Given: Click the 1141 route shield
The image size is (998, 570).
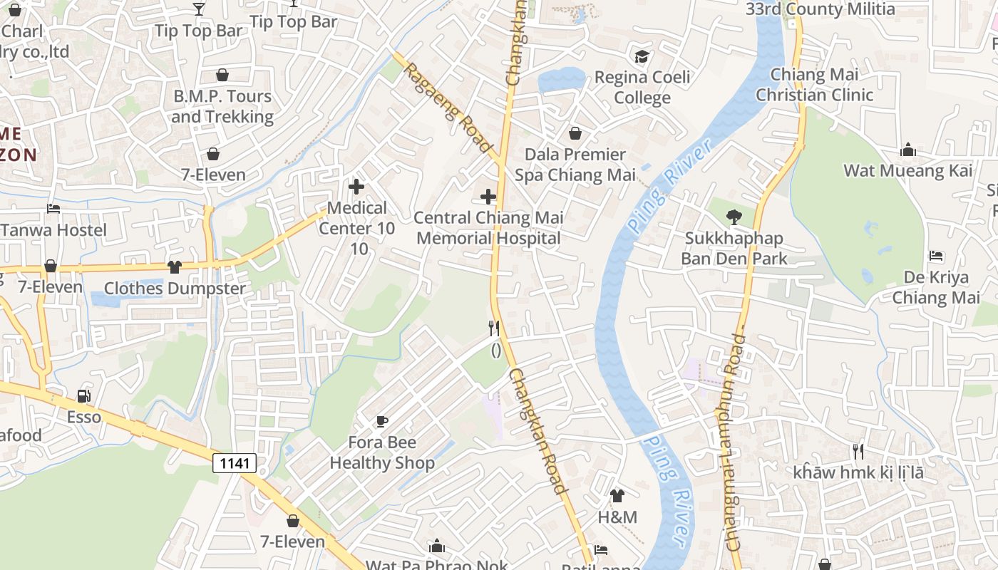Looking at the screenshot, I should click(235, 463).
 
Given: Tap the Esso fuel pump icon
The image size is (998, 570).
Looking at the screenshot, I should click(83, 396).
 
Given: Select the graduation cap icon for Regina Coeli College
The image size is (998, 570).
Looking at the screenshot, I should click(642, 56).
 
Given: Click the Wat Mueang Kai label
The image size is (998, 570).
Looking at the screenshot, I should click(907, 170).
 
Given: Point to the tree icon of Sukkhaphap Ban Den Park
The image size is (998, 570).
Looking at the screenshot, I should click(734, 217).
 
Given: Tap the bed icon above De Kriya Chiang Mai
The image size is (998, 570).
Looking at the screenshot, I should click(936, 256).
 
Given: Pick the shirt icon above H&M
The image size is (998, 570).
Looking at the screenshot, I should click(617, 495).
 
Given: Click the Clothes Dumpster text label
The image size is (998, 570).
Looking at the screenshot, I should click(175, 289).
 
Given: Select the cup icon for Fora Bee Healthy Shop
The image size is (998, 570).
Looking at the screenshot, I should click(382, 421).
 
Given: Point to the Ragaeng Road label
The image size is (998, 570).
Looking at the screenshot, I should click(449, 104).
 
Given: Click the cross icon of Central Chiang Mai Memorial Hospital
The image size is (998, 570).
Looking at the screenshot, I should click(488, 196).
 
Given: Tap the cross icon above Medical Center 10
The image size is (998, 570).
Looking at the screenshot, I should click(356, 187).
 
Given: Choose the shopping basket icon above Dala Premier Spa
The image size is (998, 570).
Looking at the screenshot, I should click(575, 133).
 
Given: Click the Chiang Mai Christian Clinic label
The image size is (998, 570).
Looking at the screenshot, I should click(814, 85).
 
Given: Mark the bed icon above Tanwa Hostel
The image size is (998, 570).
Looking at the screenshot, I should click(53, 209).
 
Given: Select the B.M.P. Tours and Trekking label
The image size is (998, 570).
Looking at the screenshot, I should click(222, 106).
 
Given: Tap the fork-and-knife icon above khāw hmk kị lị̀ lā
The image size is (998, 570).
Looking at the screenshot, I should click(858, 451).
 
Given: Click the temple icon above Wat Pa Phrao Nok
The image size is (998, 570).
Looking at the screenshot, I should click(437, 546).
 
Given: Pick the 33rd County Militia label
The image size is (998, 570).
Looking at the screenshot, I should click(820, 9).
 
